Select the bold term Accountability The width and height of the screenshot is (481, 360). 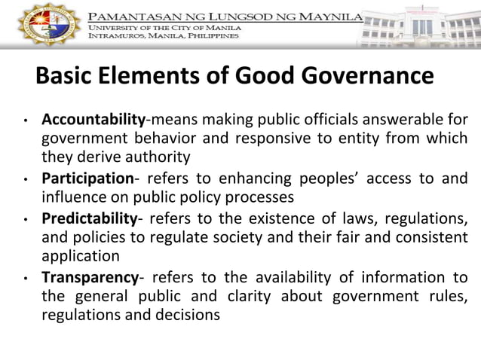point(93,119)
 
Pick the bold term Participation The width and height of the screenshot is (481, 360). point(87,178)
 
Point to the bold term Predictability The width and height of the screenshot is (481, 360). point(90,218)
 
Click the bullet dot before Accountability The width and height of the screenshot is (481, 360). point(25,121)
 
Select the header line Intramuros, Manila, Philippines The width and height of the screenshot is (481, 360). point(164,35)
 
